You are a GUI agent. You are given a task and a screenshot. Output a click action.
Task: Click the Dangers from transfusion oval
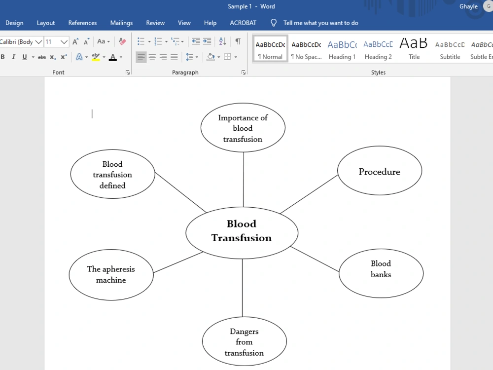tap(245, 341)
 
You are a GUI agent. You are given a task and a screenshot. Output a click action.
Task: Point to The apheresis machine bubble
tap(111, 275)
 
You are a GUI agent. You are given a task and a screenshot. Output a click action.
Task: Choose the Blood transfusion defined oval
tap(112, 174)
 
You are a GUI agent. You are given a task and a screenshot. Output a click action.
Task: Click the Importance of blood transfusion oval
tap(243, 127)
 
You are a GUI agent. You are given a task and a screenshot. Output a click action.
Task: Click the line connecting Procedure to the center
tap(309, 194)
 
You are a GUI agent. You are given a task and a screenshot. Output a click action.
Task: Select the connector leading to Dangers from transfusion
tap(242, 288)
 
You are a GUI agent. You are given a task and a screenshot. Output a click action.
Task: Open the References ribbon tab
tap(82, 23)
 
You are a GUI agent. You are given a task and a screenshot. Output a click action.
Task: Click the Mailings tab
tap(121, 23)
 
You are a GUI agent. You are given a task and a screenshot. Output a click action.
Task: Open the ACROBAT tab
tap(243, 23)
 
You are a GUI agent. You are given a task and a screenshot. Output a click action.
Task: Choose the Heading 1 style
tap(342, 49)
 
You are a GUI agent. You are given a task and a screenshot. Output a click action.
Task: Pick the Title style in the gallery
tap(414, 49)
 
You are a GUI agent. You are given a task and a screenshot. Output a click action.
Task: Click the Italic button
tap(13, 57)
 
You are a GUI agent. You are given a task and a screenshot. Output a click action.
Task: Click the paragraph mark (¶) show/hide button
tap(238, 41)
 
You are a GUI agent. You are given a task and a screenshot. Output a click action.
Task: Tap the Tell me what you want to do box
tap(321, 23)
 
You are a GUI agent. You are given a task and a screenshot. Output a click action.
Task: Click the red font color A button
tap(112, 57)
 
